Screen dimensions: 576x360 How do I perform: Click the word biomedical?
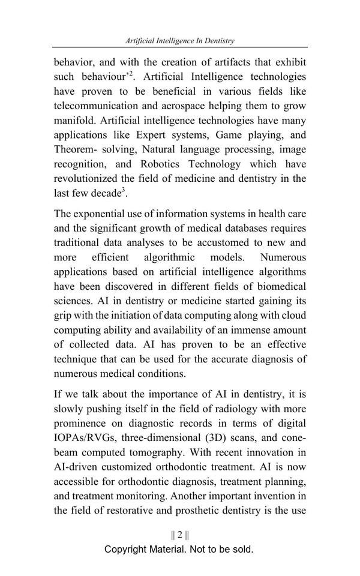click(280, 286)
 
